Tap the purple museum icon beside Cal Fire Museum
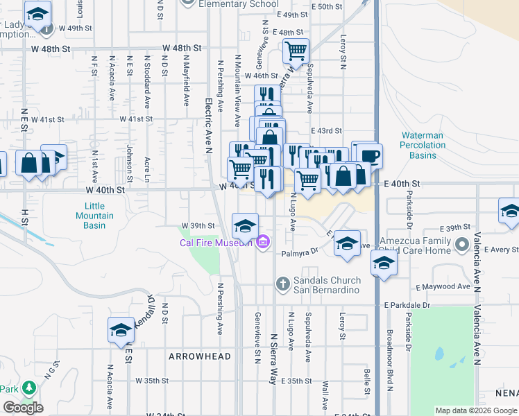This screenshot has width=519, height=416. (263, 242)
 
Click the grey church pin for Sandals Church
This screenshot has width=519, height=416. (282, 284)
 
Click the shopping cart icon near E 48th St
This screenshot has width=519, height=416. (296, 51)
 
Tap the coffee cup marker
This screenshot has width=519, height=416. (371, 154)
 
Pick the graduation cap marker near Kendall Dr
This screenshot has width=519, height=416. (121, 329)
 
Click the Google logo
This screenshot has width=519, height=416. (23, 408)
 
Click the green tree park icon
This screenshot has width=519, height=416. (28, 388)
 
